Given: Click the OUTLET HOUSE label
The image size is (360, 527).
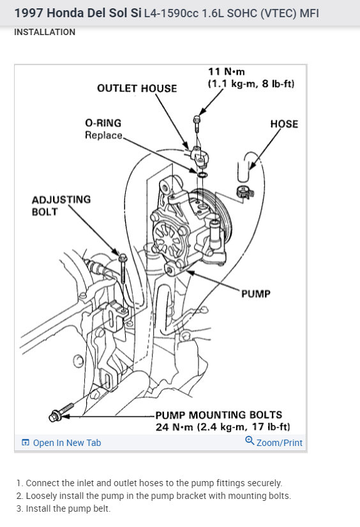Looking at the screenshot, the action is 137,89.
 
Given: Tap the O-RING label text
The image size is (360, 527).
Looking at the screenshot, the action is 103,123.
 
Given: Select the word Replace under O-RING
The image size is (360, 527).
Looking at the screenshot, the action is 103,135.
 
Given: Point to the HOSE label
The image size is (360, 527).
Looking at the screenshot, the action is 284,124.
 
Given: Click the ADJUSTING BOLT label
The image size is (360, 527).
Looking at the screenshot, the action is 61,205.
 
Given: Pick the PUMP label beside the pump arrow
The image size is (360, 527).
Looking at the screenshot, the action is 256,293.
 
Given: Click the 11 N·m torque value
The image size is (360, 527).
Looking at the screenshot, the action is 227,71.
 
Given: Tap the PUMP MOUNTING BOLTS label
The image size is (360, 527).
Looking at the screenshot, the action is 218,415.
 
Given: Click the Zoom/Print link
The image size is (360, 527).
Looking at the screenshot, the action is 274,442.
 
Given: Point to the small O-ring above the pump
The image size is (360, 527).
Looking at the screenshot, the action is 202,175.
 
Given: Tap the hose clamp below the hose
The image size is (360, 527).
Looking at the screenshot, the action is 245,192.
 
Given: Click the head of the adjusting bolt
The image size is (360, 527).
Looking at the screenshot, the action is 123,258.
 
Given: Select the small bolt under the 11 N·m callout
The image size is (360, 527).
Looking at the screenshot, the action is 197,124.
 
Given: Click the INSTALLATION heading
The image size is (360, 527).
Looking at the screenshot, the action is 45,33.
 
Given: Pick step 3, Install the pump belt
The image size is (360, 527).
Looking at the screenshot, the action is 63,508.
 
